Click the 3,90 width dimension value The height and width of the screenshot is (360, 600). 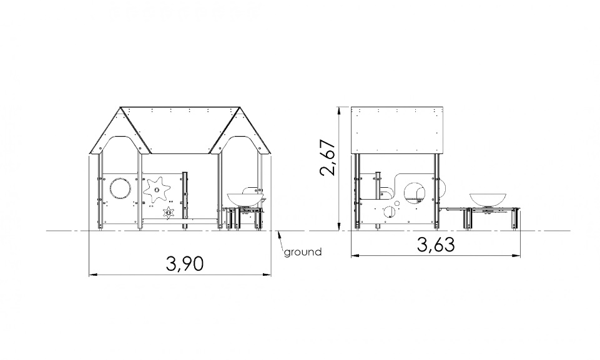pos(184,263)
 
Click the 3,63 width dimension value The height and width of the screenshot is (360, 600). pos(436,245)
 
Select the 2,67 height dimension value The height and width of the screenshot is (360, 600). pos(328,157)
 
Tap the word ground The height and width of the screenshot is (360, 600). pos(303,252)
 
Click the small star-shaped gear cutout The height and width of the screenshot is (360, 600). pos(168,212)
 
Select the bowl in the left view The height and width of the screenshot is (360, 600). pos(247,199)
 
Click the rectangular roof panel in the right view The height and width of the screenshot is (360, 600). pos(398,130)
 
